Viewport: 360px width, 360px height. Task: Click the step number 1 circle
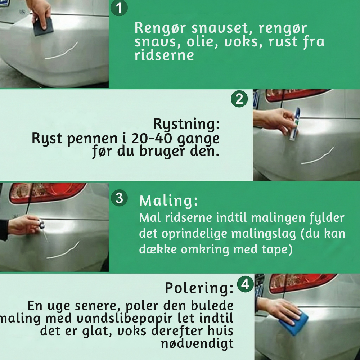[119, 8]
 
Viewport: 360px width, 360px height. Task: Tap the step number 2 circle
[239, 99]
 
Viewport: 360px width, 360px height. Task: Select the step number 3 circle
[119, 198]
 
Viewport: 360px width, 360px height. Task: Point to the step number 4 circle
[245, 284]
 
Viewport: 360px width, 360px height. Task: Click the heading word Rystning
[186, 125]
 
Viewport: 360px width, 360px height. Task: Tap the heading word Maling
[168, 201]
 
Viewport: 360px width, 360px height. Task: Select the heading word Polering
[199, 288]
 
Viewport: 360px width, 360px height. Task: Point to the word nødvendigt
[197, 343]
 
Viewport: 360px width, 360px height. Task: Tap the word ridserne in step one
[164, 55]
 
